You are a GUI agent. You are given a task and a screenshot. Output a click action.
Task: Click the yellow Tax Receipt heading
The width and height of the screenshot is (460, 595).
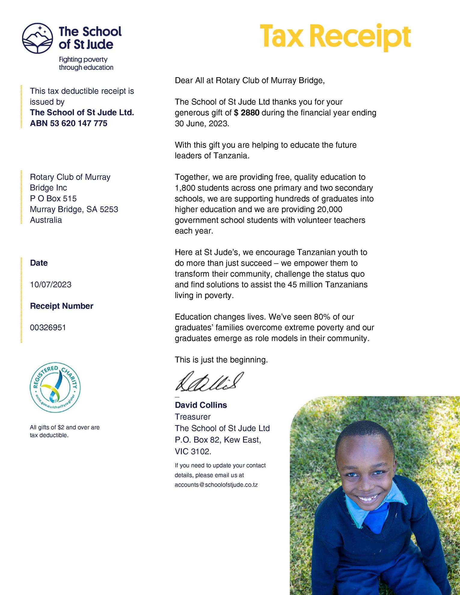pos(335,37)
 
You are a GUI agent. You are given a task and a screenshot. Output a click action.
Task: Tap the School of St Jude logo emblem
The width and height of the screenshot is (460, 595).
pos(37,38)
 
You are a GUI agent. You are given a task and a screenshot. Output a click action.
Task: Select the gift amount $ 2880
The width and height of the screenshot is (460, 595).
pos(247,113)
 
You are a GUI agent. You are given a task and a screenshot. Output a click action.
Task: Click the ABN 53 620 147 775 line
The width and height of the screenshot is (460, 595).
pos(69,124)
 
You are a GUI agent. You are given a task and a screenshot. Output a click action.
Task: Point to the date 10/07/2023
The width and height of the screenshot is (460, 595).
pos(51,285)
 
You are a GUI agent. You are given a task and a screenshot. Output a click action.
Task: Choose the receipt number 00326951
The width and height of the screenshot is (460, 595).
pos(48,328)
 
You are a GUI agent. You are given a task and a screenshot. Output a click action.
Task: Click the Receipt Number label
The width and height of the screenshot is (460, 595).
pos(62,306)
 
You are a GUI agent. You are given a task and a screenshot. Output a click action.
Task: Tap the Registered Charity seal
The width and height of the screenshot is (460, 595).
pos(55,387)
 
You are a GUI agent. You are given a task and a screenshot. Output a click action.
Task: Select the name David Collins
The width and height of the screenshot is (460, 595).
pos(201,405)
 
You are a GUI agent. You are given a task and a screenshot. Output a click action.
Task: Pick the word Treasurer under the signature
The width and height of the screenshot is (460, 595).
pos(193,417)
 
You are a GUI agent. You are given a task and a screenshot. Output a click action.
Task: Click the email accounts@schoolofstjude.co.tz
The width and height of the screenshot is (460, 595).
pos(216,485)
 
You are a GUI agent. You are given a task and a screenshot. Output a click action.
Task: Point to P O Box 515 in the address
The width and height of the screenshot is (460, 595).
pos(53,198)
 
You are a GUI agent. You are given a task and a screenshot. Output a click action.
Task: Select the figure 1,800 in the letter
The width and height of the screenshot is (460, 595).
pos(185,188)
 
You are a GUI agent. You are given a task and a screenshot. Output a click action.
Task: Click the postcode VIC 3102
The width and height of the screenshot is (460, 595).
pos(193,451)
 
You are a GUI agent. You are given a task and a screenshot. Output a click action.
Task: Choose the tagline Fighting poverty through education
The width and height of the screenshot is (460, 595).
pos(86,63)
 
